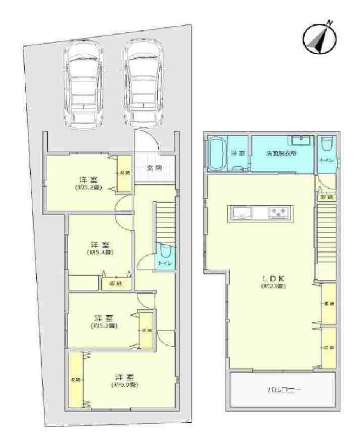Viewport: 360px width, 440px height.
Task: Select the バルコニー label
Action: click(x=283, y=390)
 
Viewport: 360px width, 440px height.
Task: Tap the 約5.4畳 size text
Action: click(x=100, y=252)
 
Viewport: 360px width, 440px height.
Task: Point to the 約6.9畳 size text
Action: click(x=124, y=385)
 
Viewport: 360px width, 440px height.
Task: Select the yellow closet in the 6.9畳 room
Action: click(x=76, y=379)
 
